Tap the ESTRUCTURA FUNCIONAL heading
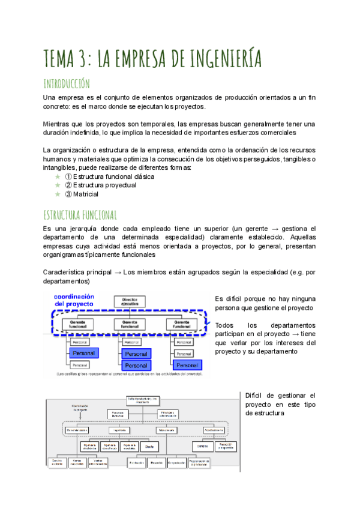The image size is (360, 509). click(79, 214)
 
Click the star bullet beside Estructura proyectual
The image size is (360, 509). click(58, 185)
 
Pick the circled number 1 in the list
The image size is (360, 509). click(68, 177)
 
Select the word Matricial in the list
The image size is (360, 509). click(86, 194)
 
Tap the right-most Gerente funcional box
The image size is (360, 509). click(181, 325)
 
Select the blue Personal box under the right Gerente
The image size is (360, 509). click(187, 364)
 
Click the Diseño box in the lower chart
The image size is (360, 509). click(148, 446)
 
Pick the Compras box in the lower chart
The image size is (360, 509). click(200, 446)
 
